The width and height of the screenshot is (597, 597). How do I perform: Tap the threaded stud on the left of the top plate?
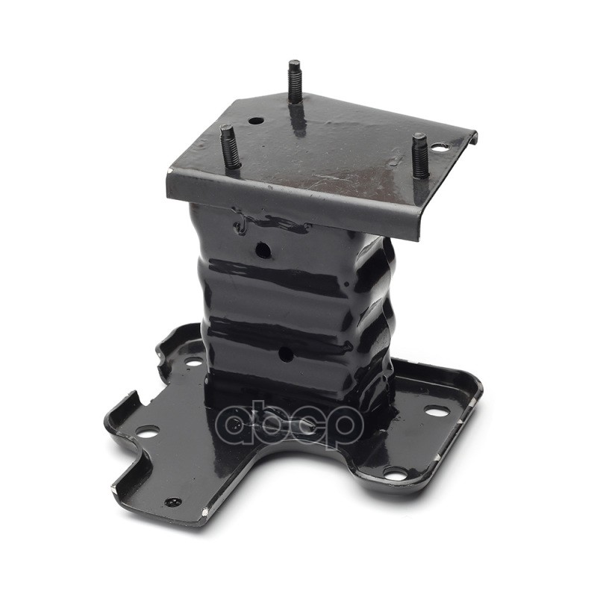tap(229, 149)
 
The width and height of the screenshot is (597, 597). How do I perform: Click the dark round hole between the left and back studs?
tap(256, 122)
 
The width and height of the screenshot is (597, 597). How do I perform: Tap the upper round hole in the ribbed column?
tap(263, 250)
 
